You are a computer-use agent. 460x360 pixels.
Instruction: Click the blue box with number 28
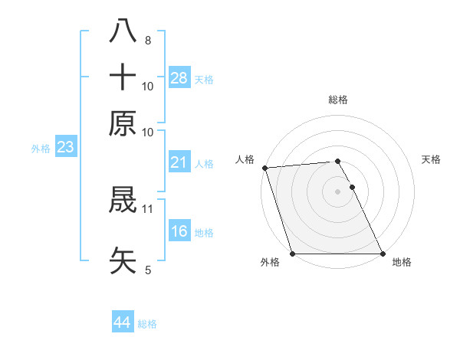[179, 77]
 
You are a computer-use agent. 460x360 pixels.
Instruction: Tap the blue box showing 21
[179, 162]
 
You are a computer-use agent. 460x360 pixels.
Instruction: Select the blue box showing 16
[179, 232]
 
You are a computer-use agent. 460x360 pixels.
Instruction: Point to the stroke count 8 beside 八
[148, 41]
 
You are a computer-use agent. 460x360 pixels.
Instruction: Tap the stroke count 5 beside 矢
[148, 270]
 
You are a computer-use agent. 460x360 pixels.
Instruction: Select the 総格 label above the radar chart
[338, 100]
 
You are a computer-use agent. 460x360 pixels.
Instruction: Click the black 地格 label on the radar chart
[402, 263]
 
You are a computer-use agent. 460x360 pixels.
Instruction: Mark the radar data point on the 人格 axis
[264, 168]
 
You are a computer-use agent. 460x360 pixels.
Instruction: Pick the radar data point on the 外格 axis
[293, 254]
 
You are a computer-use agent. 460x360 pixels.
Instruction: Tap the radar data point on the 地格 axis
[383, 254]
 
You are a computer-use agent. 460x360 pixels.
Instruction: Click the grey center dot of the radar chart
[338, 191]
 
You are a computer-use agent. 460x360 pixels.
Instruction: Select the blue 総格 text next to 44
[148, 324]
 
